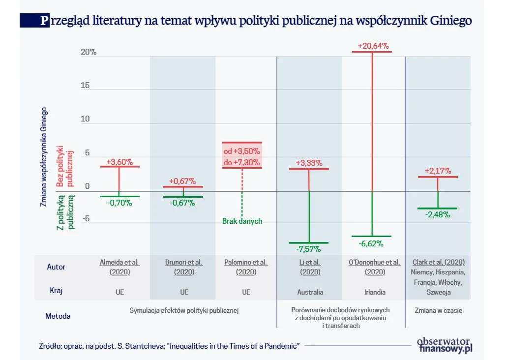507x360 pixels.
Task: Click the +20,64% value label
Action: [x=373, y=46]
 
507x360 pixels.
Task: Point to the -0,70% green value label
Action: [x=119, y=202]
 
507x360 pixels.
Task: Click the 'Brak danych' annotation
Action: [x=242, y=221]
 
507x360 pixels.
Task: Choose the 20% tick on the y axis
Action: [x=89, y=52]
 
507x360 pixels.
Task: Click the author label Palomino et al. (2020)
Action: [x=246, y=267]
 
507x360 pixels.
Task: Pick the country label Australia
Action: [x=310, y=292]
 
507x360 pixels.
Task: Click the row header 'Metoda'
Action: [x=59, y=316]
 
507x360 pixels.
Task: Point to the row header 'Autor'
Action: [x=56, y=267]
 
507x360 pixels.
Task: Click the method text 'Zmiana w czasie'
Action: [x=438, y=310]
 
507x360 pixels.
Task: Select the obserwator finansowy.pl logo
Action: [x=444, y=345]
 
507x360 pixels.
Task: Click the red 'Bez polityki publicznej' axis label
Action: [x=64, y=166]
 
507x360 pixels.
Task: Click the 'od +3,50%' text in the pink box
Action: [x=242, y=150]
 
